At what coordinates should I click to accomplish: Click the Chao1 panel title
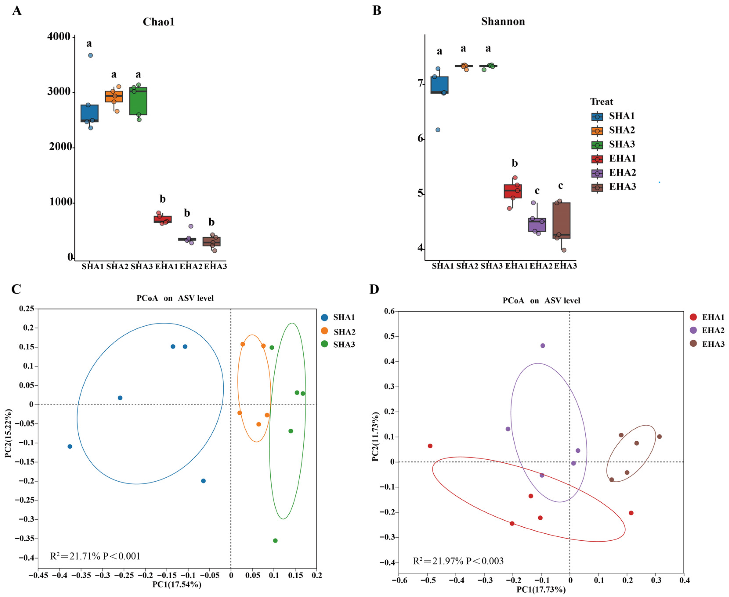point(159,22)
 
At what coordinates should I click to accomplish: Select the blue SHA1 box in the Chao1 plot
point(89,113)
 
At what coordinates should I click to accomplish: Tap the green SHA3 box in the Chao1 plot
point(138,101)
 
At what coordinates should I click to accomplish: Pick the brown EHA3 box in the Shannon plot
point(561,220)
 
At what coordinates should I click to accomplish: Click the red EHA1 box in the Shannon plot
point(512,191)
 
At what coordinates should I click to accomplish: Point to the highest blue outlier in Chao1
point(90,55)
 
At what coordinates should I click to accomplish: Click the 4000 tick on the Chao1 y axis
point(58,36)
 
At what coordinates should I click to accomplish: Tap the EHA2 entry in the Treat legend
point(613,173)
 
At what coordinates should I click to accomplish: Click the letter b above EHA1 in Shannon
point(515,163)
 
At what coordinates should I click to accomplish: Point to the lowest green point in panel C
point(275,541)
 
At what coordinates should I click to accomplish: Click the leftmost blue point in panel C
point(70,446)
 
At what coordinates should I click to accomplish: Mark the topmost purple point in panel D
point(543,346)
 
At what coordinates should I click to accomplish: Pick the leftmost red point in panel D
point(430,446)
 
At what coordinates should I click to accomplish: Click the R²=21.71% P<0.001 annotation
point(95,556)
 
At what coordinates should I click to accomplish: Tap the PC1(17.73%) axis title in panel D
point(541,590)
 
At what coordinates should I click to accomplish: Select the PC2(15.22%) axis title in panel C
point(8,433)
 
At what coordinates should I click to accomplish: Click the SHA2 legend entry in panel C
point(338,331)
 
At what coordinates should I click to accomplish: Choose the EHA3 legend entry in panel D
point(707,344)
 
